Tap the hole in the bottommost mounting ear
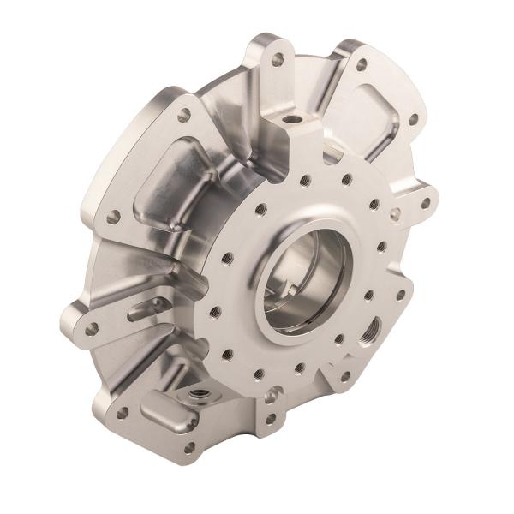pyautogui.click(x=189, y=445)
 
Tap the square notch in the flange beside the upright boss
pyautogui.click(x=330, y=155)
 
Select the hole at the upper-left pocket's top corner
pyautogui.click(x=184, y=112)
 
